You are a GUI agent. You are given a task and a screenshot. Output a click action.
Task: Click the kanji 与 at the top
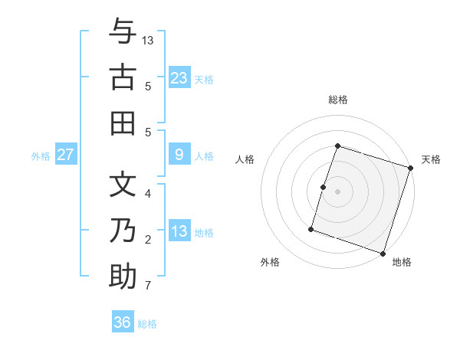tap(123, 32)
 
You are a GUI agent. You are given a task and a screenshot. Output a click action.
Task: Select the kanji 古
tap(123, 77)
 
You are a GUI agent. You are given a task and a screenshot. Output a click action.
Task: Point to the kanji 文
tap(123, 184)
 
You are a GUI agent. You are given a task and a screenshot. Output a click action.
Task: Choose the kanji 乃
tap(123, 230)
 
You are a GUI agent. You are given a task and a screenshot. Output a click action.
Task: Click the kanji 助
tap(123, 276)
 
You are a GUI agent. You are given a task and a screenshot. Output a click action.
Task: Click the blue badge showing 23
tap(179, 77)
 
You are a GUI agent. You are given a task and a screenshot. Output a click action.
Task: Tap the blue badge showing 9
tap(179, 155)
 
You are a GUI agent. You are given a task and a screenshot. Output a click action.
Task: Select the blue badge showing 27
tap(65, 155)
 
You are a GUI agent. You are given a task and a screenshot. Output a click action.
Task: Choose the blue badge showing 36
tap(123, 322)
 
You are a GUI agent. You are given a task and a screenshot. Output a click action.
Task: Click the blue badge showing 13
tap(179, 231)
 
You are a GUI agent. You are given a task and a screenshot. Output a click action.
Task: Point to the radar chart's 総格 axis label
tap(337, 100)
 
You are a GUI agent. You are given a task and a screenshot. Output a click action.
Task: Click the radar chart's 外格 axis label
tap(270, 262)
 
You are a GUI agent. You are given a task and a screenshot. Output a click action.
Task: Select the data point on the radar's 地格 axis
tap(383, 253)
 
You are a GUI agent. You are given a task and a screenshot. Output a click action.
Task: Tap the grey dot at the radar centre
tap(337, 191)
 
